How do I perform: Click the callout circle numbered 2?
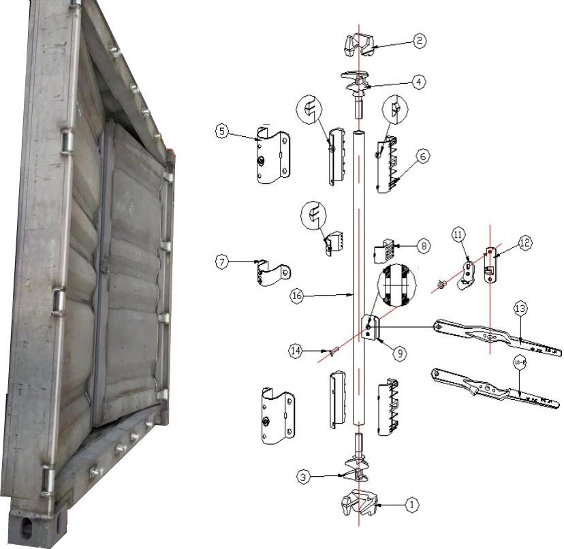[x=420, y=42]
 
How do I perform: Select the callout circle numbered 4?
[x=420, y=81]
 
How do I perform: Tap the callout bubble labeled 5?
[x=221, y=131]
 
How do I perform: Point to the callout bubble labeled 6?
[x=422, y=156]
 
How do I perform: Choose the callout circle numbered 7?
[x=221, y=261]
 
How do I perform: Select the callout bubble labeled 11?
[x=458, y=234]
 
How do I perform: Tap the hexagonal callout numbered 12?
[x=524, y=242]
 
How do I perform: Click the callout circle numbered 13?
[x=520, y=309]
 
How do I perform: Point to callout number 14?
[x=294, y=351]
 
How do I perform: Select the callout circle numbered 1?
[x=411, y=505]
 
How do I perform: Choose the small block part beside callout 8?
[x=386, y=250]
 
